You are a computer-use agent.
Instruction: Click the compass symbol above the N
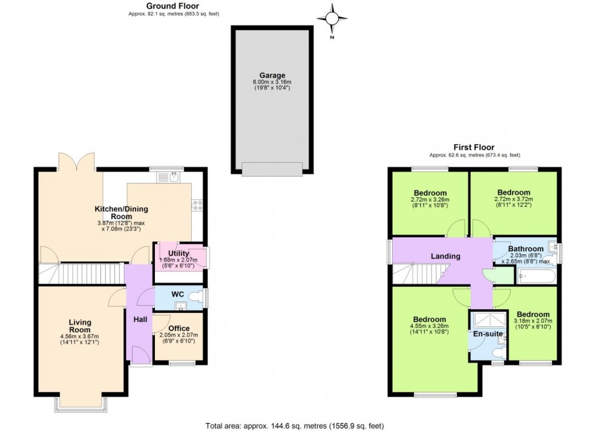point(333,18)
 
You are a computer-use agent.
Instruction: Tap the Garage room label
point(272,76)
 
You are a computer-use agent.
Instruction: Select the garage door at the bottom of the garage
point(272,168)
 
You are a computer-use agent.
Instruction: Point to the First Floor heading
point(474,147)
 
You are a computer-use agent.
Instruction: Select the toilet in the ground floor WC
point(194,297)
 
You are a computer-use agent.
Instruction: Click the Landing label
point(445,256)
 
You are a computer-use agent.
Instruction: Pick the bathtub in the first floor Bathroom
point(534,278)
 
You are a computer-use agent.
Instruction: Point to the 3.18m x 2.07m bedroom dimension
point(532,321)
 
